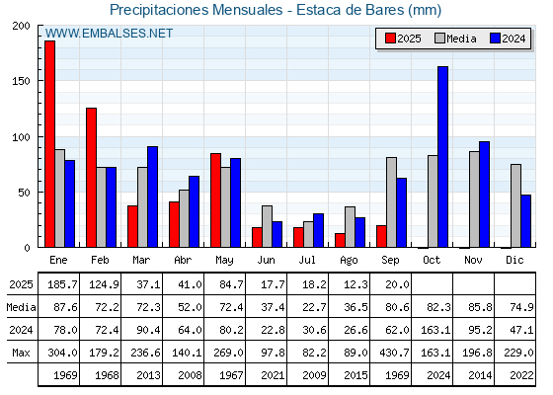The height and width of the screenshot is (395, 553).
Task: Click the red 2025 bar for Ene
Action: (49, 144)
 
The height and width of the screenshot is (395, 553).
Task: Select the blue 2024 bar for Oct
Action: (443, 157)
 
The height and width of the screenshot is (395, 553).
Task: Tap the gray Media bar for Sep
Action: (391, 202)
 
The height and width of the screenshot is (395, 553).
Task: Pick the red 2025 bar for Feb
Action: (91, 178)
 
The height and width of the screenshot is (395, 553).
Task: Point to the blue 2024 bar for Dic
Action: (525, 221)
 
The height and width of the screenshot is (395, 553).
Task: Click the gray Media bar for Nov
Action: (474, 199)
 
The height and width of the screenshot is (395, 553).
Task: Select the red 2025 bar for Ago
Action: (340, 240)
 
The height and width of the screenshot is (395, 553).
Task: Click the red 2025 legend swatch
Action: (390, 39)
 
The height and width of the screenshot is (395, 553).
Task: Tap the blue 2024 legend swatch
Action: (495, 39)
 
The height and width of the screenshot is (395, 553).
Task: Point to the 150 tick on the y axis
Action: (21, 81)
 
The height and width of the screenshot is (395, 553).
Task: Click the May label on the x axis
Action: (224, 261)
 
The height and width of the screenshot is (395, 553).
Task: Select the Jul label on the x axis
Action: (307, 260)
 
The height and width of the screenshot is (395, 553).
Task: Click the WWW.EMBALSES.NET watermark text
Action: (109, 34)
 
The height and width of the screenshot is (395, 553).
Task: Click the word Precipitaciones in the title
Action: (159, 10)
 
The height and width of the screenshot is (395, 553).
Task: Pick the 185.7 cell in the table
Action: (62, 284)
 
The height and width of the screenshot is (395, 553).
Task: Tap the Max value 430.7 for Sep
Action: (394, 353)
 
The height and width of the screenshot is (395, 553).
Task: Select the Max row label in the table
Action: (21, 353)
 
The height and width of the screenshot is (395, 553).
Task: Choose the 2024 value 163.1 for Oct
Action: (435, 330)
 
